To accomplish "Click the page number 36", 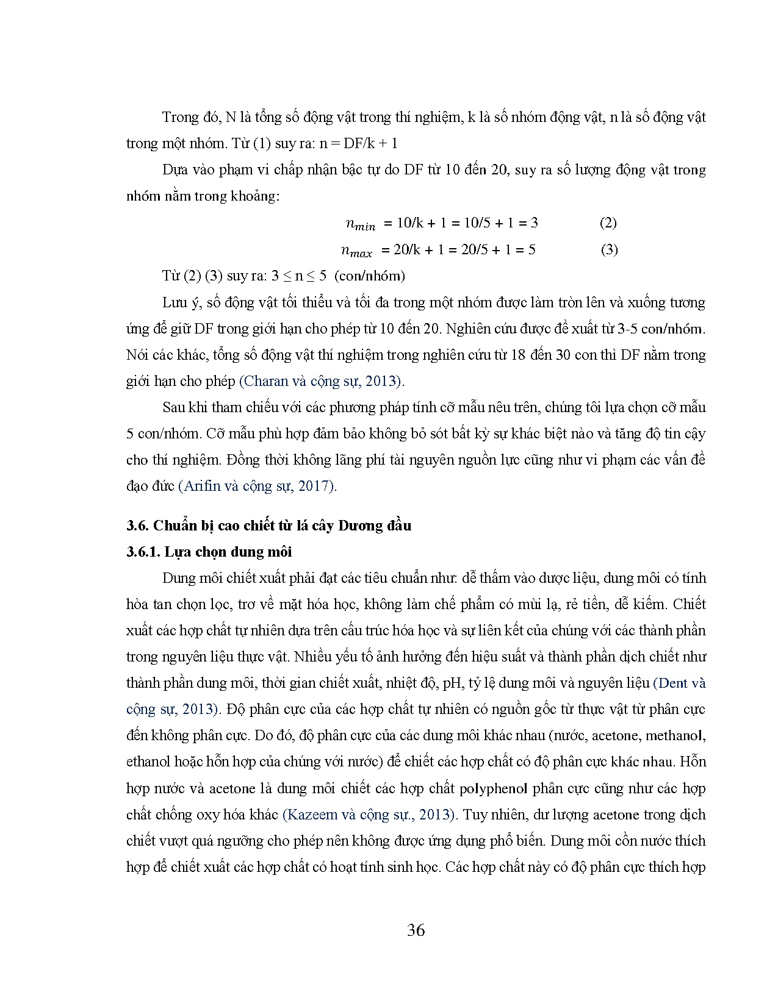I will click(x=416, y=930).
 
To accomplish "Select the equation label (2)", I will click(x=608, y=223).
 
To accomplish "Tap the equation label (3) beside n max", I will click(x=609, y=249).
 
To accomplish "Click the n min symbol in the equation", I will click(x=361, y=224).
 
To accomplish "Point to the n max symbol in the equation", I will click(x=357, y=251).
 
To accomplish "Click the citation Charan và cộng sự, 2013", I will click(x=321, y=381).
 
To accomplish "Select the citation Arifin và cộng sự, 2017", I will click(x=257, y=486).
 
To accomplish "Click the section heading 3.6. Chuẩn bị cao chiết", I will click(x=268, y=526).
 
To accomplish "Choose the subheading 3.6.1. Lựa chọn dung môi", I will click(x=209, y=552).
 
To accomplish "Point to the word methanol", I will click(x=675, y=736).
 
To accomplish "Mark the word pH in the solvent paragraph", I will click(x=452, y=683).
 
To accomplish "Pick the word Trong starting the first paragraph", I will click(x=181, y=117).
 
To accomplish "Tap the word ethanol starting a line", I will click(x=148, y=762).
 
